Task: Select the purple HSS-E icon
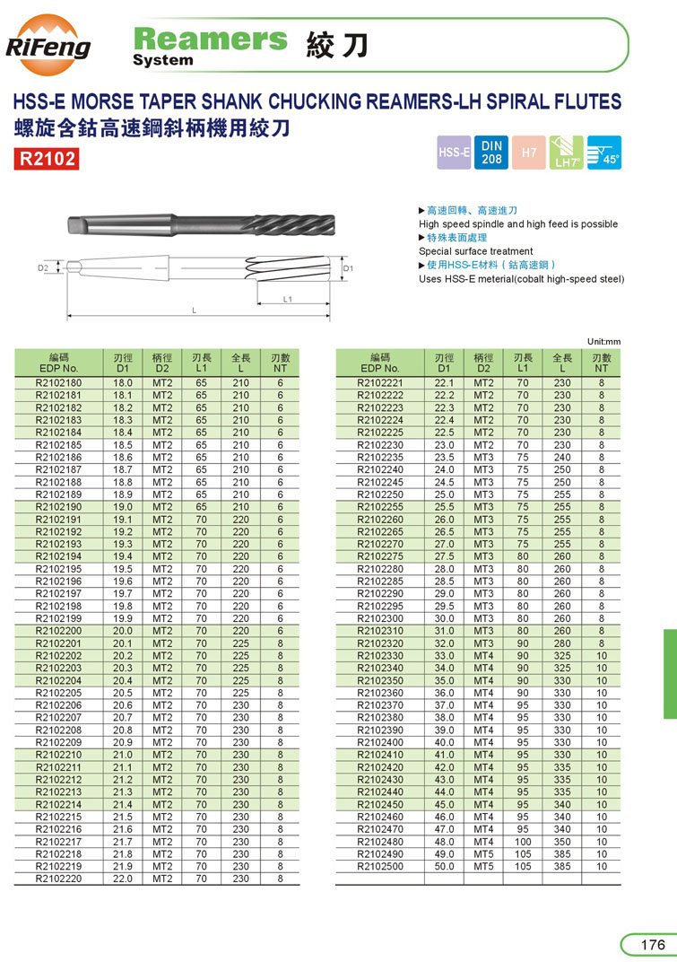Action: tap(454, 153)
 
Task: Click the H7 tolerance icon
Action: tap(529, 153)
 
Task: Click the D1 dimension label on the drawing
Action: tap(349, 268)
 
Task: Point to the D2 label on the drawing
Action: tap(42, 267)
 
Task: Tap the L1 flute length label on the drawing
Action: tap(288, 298)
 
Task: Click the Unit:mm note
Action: tap(604, 341)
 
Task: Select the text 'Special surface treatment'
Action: tap(475, 251)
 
